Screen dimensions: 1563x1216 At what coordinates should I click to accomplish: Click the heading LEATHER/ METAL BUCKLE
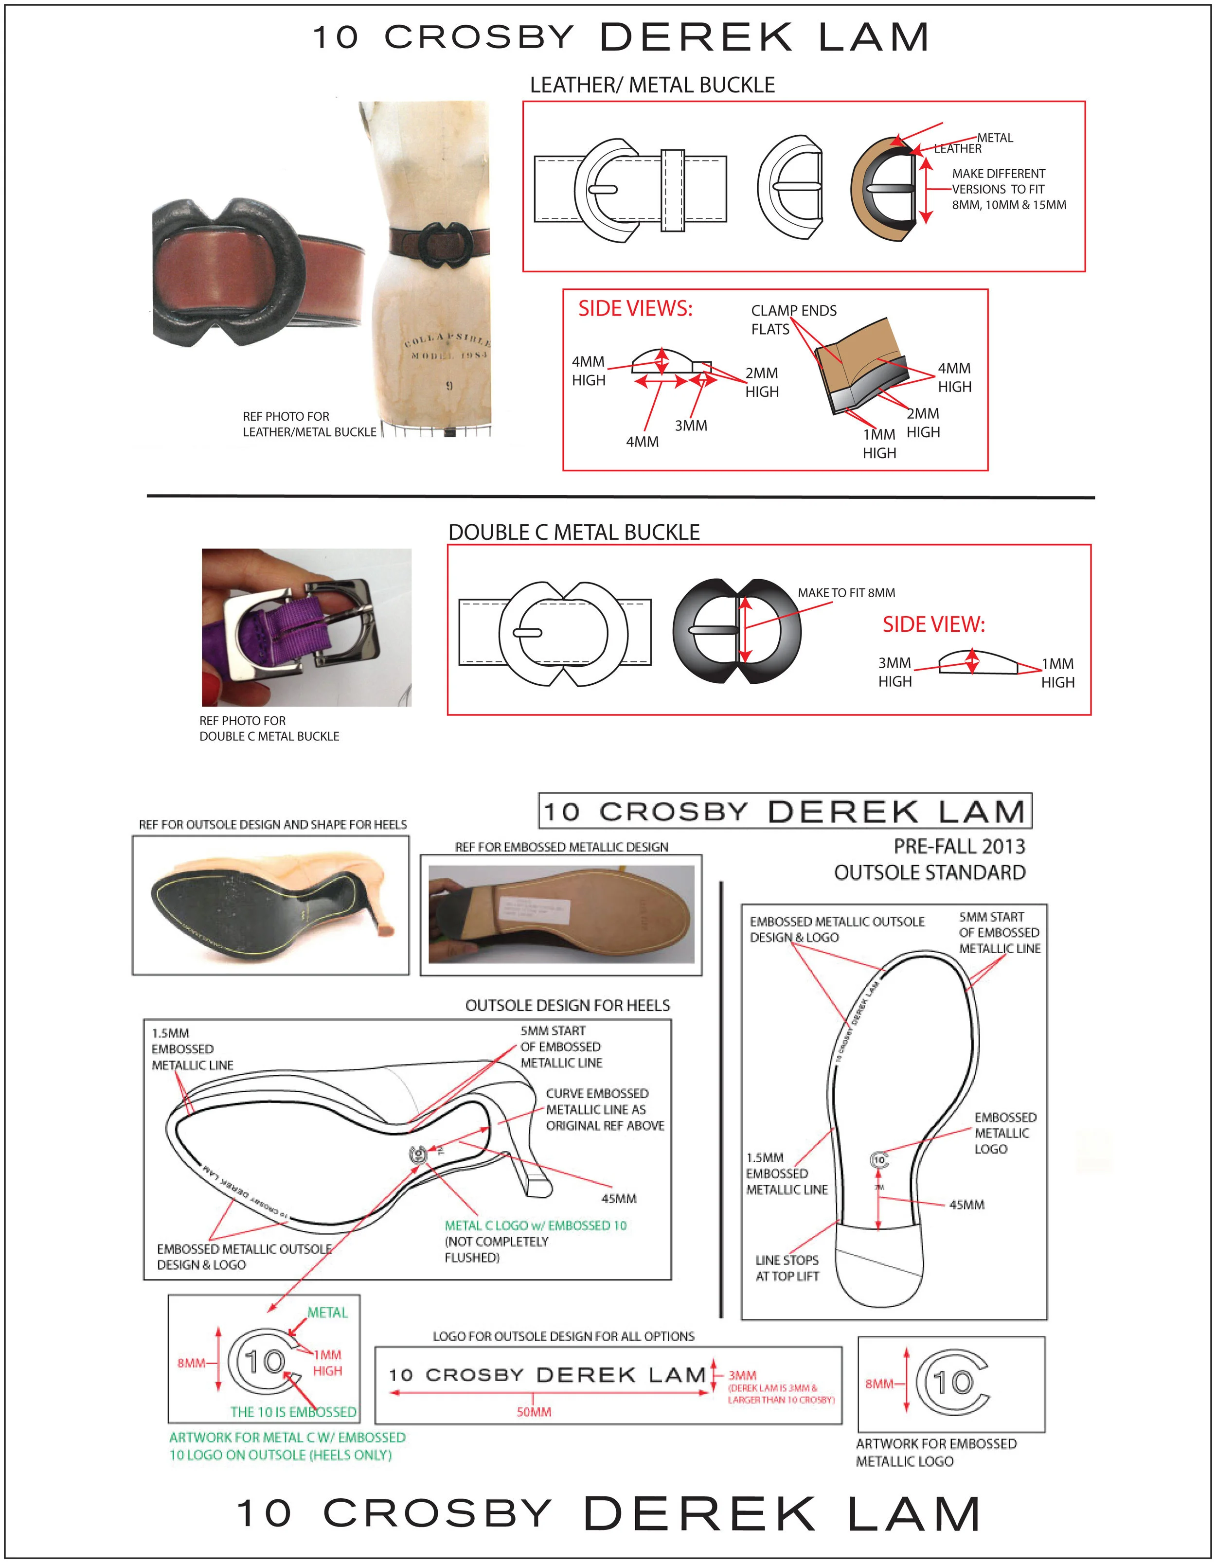coord(652,85)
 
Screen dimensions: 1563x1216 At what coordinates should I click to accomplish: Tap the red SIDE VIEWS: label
coord(635,308)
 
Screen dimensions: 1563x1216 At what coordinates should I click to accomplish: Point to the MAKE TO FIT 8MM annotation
coord(846,592)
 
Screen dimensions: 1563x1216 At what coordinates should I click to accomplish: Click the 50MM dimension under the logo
coord(533,1412)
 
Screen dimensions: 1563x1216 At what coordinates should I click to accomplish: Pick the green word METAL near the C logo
coord(327,1313)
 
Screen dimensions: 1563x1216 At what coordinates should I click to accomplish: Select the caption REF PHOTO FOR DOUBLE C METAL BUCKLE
coord(268,728)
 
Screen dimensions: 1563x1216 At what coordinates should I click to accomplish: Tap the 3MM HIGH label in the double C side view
coord(894,672)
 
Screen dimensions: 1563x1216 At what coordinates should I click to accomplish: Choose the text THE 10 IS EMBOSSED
coord(293,1412)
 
